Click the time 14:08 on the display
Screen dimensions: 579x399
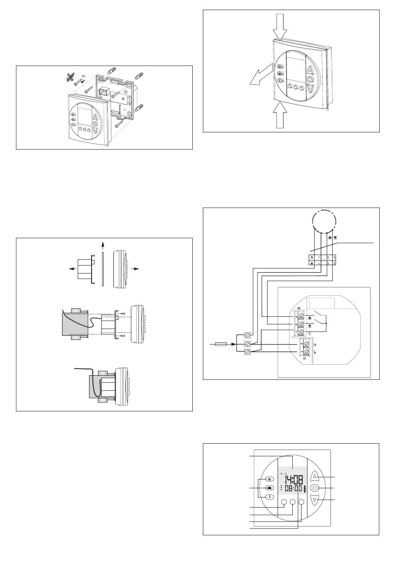pos(294,479)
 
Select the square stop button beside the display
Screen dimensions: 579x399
pos(316,488)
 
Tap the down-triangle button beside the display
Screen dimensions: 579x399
pos(316,500)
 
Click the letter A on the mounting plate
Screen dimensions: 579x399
pos(123,97)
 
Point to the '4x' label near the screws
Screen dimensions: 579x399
pos(84,76)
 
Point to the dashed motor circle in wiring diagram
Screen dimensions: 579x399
pos(324,220)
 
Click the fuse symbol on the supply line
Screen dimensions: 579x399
pos(221,345)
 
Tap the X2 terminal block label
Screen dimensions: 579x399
pos(298,308)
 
